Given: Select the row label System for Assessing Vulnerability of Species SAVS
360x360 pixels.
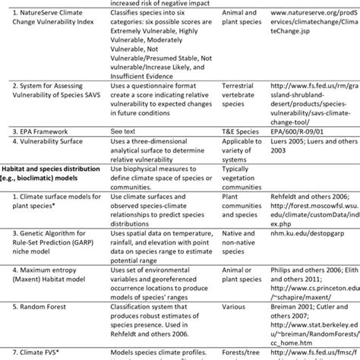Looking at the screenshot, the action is [58, 95].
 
